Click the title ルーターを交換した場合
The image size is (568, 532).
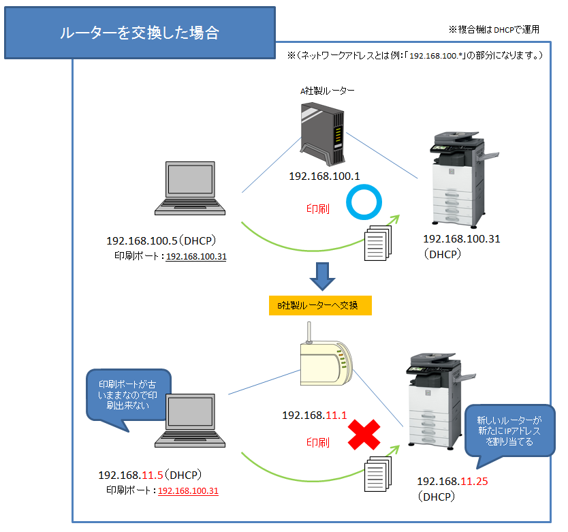pos(140,33)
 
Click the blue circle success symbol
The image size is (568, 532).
pos(363,202)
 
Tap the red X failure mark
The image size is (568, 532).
pos(364,435)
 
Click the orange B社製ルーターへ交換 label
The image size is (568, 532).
pos(320,306)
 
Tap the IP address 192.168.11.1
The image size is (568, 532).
pos(315,414)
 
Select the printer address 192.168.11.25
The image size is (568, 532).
pos(453,482)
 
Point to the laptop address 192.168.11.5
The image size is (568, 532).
pos(130,475)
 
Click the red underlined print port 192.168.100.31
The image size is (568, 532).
pos(188,490)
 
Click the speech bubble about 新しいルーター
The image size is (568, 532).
pos(509,431)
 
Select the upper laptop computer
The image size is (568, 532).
pos(188,193)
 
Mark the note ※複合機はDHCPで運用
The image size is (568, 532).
pos(494,29)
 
